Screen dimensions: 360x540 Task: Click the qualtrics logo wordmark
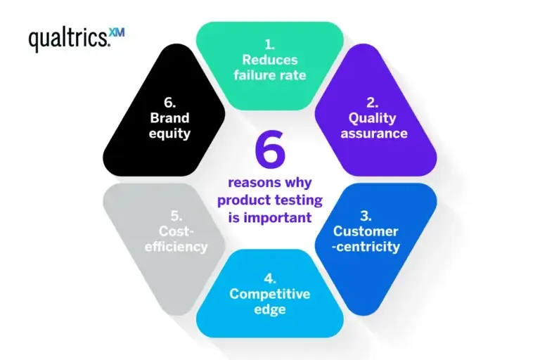tap(69, 39)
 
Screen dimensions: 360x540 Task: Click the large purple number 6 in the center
tap(269, 152)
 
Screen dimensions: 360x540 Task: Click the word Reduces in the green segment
tap(270, 60)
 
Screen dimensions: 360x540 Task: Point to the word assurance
tap(374, 133)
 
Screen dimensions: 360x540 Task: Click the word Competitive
tap(270, 294)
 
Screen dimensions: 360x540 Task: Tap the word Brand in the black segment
tap(169, 118)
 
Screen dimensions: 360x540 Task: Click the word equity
tap(169, 134)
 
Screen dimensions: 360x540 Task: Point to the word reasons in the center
tap(248, 185)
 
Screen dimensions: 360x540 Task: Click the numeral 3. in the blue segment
tap(366, 216)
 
